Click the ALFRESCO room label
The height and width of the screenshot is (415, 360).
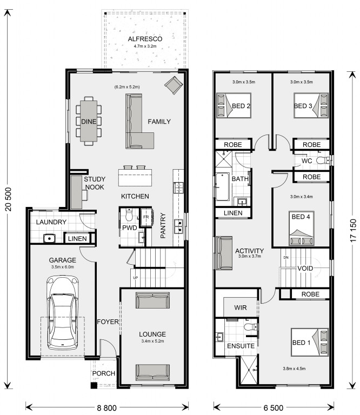pos(145,39)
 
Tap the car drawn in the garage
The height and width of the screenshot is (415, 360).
pos(63,312)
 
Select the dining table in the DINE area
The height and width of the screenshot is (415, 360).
pos(89,121)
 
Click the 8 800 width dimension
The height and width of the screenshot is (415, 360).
pos(106,408)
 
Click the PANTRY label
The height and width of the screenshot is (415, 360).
pos(163,225)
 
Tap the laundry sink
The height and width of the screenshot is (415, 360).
pos(49,238)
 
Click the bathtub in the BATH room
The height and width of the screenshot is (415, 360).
pos(222,186)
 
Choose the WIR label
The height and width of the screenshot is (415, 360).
pos(241,307)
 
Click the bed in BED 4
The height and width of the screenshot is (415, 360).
pos(302,228)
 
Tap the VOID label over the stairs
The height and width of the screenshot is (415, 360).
pos(305,269)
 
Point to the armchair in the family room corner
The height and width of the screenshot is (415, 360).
pos(174,85)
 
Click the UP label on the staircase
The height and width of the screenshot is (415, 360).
pos(135,278)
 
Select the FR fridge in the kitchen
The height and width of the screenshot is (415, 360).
pos(146,217)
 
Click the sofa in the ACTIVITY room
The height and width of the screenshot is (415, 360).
pos(224,253)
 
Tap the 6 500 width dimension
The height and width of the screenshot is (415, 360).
pos(274,408)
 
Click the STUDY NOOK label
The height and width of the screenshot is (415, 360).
pos(95,183)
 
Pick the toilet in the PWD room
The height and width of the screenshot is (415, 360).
pos(129,215)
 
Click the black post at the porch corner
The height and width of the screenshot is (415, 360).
pos(94,385)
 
